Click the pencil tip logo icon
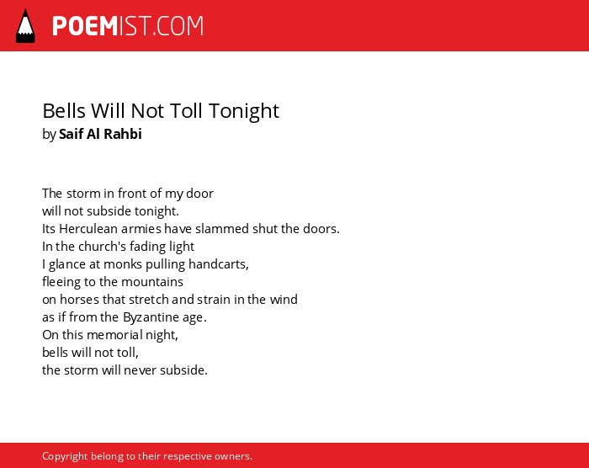click(25, 26)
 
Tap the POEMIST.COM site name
click(128, 26)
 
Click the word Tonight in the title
click(244, 111)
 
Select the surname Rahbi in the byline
click(123, 134)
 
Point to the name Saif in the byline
click(71, 134)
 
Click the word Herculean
click(88, 229)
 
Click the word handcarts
click(219, 264)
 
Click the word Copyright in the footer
click(65, 456)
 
